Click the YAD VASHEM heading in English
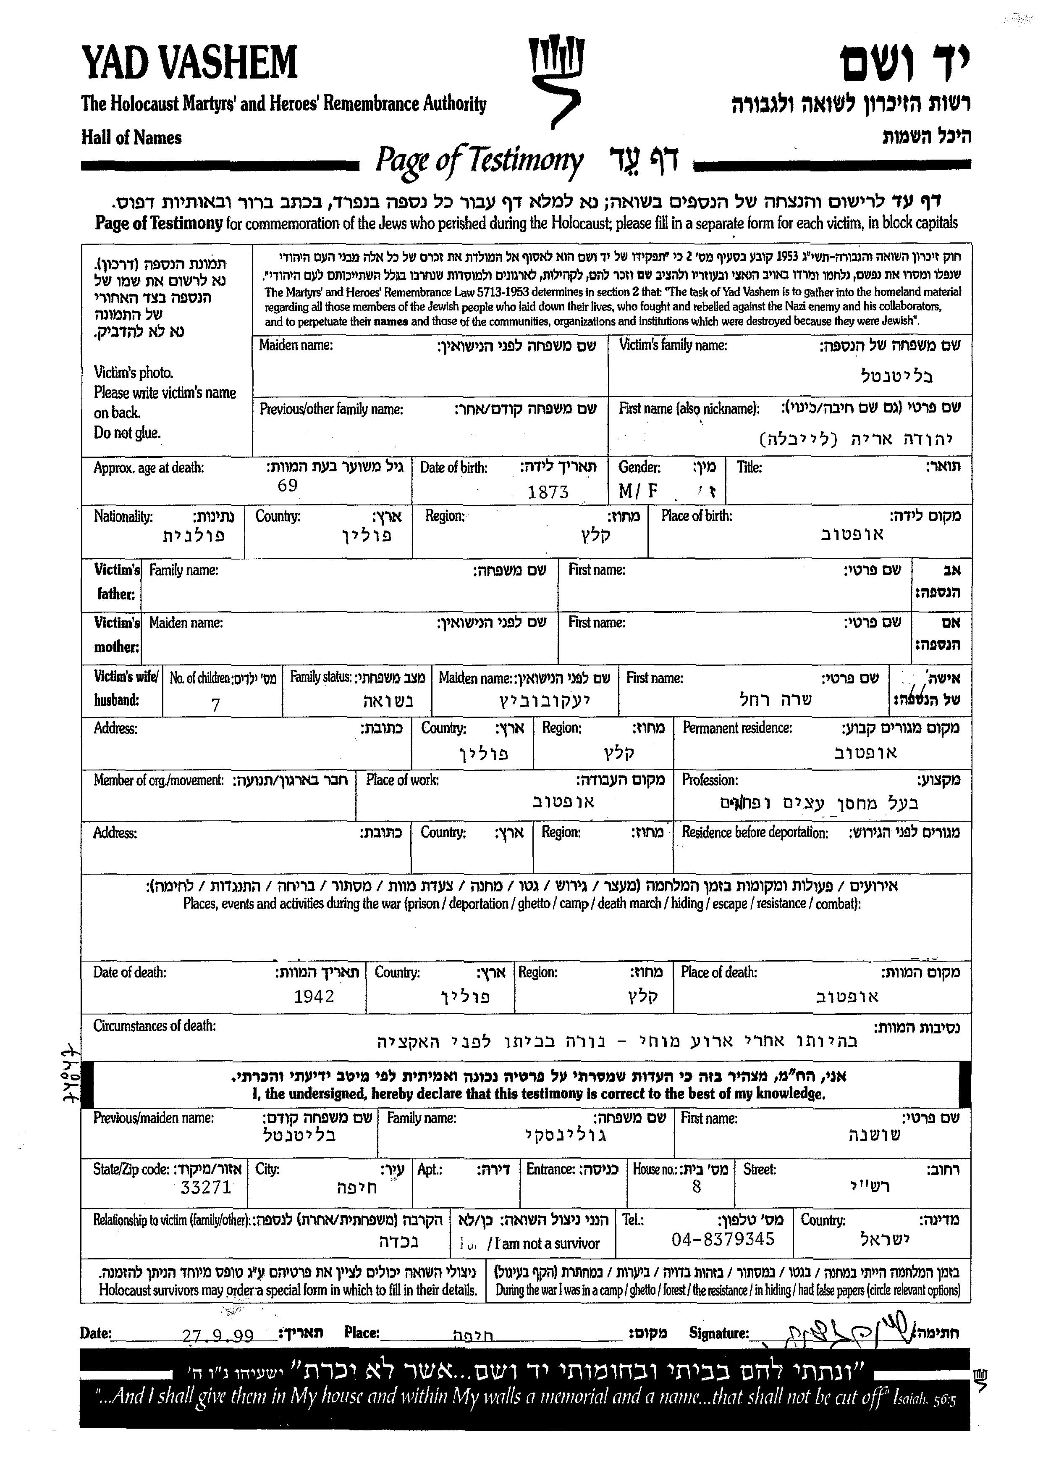tap(189, 62)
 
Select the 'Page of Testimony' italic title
tap(479, 160)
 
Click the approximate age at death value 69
tap(287, 486)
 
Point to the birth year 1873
tap(548, 492)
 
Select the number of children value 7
tap(216, 705)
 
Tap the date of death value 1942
tap(314, 996)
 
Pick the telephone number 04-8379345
tap(723, 1239)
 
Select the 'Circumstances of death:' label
tap(154, 1025)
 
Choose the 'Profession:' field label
tap(709, 780)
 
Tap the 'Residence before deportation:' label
tap(754, 833)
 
